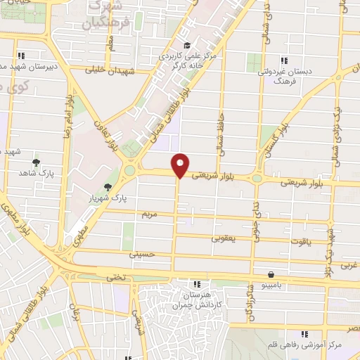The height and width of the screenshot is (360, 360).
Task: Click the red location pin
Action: pos(181,165)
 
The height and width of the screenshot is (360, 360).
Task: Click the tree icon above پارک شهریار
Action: pos(108,186)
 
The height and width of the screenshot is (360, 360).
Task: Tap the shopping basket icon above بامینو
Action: pos(271,275)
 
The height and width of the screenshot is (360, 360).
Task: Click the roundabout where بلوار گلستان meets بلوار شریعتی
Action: pos(257,179)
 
